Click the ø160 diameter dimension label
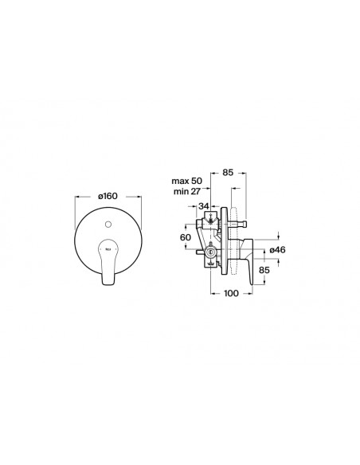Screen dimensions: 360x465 click(x=108, y=196)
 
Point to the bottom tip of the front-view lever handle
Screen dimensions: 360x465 click(x=108, y=285)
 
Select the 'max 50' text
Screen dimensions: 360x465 click(x=187, y=181)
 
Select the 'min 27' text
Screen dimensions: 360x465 click(x=187, y=192)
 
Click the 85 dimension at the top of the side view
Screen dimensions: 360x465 click(x=228, y=172)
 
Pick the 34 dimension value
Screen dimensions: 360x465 click(x=203, y=205)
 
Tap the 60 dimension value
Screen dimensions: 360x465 click(x=186, y=237)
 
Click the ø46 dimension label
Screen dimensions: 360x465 click(x=277, y=250)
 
